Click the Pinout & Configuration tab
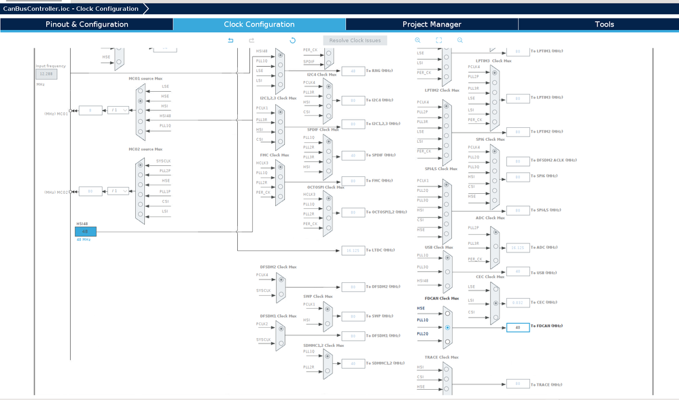(x=86, y=24)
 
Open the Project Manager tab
(x=432, y=24)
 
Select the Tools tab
(x=604, y=24)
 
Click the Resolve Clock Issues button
(x=355, y=40)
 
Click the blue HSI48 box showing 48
(x=85, y=231)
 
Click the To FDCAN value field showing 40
(x=517, y=327)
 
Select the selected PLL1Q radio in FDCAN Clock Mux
(x=447, y=327)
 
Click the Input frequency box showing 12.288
(x=46, y=73)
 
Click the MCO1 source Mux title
(x=145, y=78)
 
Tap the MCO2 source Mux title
(x=145, y=149)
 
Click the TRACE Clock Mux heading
(x=441, y=357)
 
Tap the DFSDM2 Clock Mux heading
(x=278, y=267)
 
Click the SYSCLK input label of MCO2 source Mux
(x=163, y=161)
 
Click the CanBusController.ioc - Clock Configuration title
(x=71, y=9)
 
